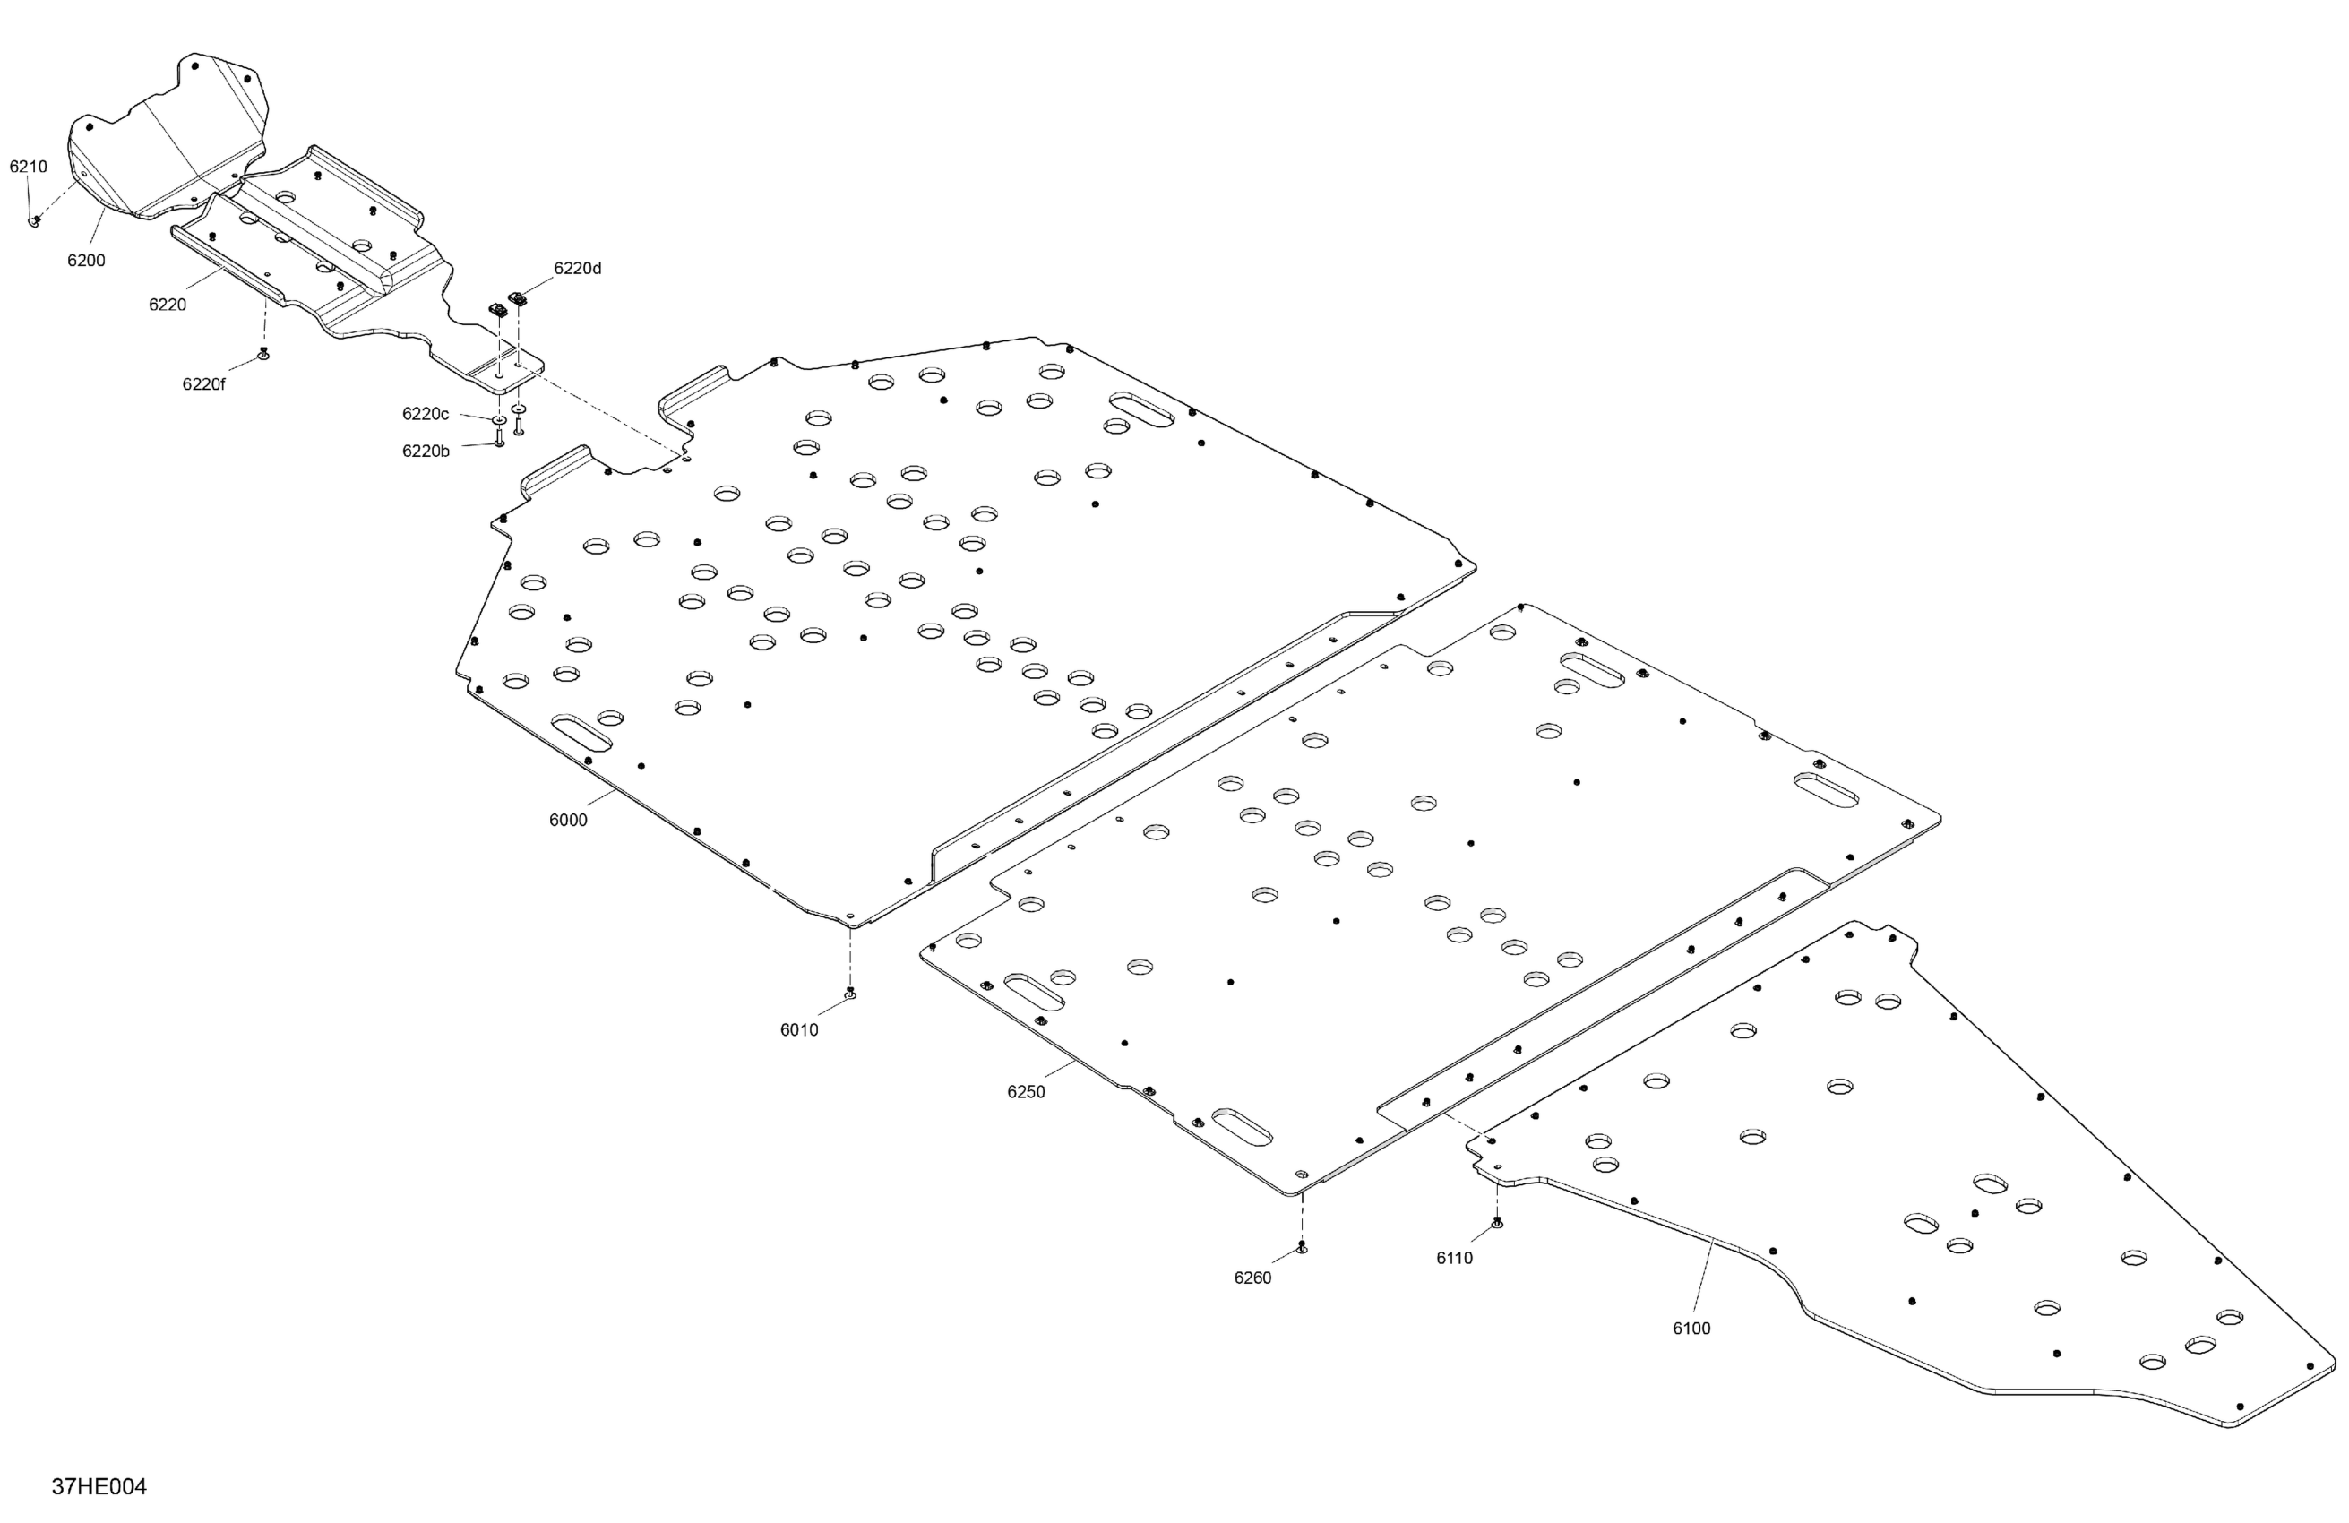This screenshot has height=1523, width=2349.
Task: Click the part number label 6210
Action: tap(29, 167)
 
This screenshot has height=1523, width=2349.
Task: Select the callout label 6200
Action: tap(86, 261)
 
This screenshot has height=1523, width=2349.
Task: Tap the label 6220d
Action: tap(577, 269)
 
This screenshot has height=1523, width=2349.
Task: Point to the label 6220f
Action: tap(203, 384)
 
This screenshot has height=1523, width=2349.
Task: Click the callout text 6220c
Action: tap(426, 414)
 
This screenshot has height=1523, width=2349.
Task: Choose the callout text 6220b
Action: tap(426, 451)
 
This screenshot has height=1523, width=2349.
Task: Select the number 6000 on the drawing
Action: tap(567, 821)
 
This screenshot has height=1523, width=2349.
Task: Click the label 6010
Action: tap(798, 1030)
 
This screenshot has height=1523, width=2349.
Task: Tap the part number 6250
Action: tap(1026, 1092)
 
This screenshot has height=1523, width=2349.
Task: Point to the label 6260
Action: tap(1252, 1278)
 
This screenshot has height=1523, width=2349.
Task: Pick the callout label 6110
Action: tap(1454, 1259)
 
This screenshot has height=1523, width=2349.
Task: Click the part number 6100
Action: tap(1691, 1329)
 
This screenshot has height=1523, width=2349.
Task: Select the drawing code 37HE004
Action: tap(99, 1486)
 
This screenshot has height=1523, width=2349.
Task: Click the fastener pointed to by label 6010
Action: tap(851, 993)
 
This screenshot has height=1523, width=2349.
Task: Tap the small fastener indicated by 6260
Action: tap(1302, 1248)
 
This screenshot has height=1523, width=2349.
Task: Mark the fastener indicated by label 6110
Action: tap(1497, 1224)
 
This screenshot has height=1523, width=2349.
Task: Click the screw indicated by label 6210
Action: tap(33, 221)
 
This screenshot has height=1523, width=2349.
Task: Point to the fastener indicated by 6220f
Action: tap(263, 353)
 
